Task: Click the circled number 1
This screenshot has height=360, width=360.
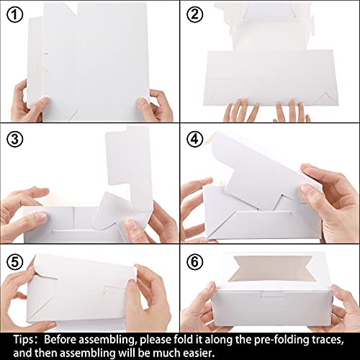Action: (15, 15)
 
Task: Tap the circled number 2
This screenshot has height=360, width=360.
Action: (194, 14)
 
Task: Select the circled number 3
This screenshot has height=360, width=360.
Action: (15, 139)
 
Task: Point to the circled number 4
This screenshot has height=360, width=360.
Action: (194, 139)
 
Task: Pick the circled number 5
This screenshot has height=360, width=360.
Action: (15, 261)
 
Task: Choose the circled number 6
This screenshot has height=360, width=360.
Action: (194, 261)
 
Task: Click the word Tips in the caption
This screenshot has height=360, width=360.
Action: (24, 340)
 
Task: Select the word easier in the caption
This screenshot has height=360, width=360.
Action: (199, 353)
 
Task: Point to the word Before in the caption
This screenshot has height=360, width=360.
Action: (60, 340)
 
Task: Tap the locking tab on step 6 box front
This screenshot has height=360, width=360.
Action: (273, 295)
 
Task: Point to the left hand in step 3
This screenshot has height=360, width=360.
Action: (23, 209)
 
